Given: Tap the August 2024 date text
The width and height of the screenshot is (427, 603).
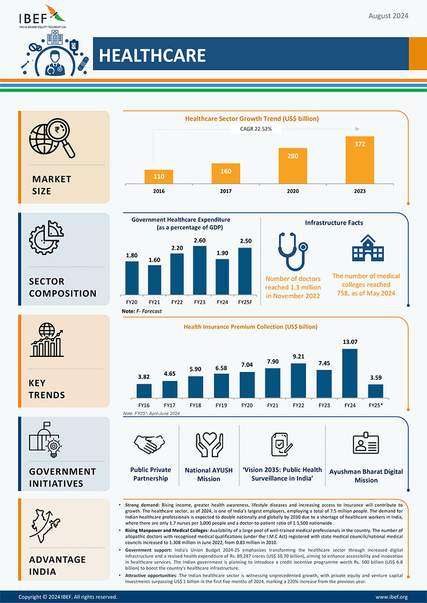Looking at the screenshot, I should pos(388,16).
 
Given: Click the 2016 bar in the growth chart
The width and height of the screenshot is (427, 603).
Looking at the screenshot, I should pos(159,177).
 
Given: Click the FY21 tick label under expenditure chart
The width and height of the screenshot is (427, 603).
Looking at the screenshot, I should pos(154,303).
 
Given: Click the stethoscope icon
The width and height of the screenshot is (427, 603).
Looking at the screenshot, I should pos(293,251).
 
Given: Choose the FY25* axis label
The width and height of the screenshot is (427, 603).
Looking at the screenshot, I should pos(375,405).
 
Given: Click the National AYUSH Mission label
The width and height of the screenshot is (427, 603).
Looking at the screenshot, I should pos(209,474).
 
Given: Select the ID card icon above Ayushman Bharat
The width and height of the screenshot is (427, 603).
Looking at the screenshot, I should pos(366,444).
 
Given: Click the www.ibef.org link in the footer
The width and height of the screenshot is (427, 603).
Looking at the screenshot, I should pos(391,597).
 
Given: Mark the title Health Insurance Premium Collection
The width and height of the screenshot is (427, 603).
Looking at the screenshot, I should pos(251,326).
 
